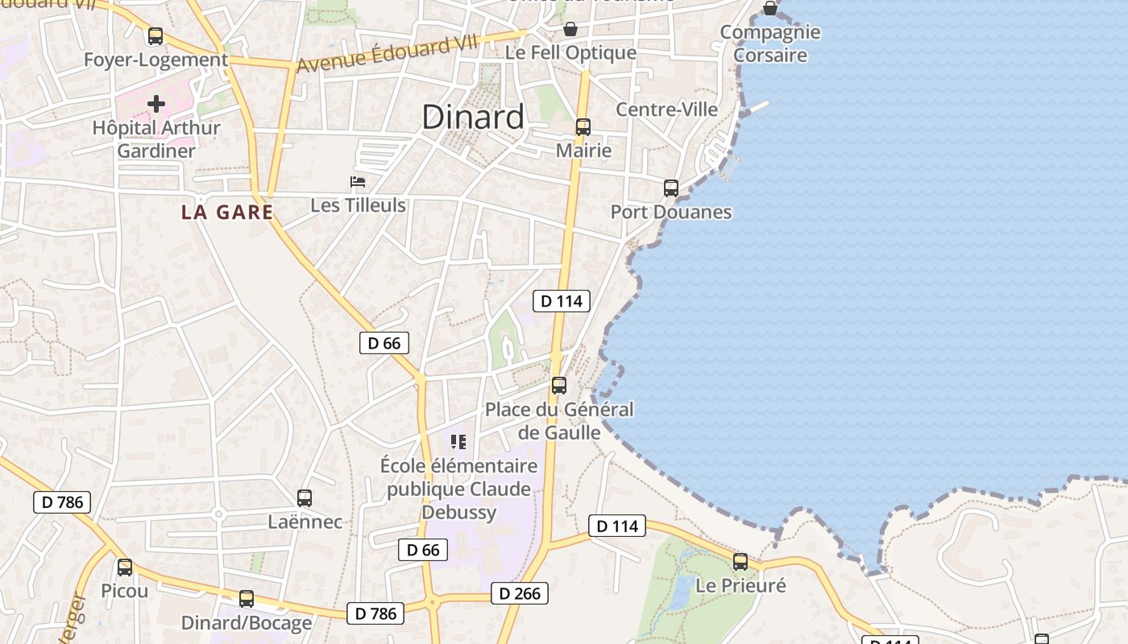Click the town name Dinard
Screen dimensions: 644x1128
(x=473, y=118)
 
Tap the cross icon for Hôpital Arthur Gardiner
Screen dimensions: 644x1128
(x=156, y=104)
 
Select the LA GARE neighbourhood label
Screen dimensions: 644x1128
(x=227, y=213)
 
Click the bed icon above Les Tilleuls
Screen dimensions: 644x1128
(x=358, y=182)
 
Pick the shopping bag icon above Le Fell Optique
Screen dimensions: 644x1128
(x=570, y=30)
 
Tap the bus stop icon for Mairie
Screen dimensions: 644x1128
(x=583, y=127)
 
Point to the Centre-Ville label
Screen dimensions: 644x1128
(x=666, y=109)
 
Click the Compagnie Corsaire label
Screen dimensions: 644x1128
(x=770, y=43)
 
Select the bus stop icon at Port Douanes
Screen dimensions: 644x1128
(x=671, y=188)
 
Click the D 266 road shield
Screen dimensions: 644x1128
(x=520, y=594)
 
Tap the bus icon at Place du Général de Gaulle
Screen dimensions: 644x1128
(x=559, y=386)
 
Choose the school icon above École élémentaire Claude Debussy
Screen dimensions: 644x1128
(x=458, y=441)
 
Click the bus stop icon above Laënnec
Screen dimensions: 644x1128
(x=305, y=498)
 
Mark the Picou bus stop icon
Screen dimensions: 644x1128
(x=125, y=568)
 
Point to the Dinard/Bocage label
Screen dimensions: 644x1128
(x=247, y=623)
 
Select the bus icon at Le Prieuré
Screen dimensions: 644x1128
(x=740, y=562)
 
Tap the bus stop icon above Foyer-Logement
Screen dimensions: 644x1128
(x=156, y=36)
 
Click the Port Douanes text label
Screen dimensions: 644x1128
(x=671, y=213)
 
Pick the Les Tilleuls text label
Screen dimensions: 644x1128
(x=358, y=205)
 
